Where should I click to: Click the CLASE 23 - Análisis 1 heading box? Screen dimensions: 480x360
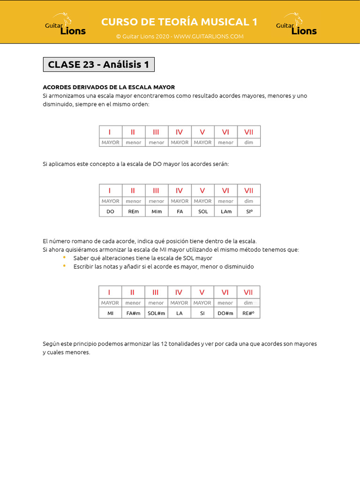(98, 65)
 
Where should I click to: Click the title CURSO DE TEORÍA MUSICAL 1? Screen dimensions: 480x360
(180, 22)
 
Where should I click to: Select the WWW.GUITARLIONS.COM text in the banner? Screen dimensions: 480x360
(209, 37)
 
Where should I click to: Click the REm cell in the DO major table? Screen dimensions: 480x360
(133, 211)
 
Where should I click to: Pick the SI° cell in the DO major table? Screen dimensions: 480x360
(249, 211)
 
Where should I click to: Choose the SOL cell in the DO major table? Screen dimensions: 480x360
(202, 211)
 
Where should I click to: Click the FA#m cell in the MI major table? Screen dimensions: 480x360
(133, 313)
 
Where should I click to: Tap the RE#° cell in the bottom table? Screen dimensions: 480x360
(248, 313)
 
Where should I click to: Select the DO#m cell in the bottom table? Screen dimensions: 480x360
(225, 313)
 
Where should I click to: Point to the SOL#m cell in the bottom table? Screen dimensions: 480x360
(156, 313)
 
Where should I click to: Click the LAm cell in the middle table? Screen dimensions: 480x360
(226, 211)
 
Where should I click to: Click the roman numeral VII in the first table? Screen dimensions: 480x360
(249, 132)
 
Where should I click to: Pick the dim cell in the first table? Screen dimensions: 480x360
(249, 142)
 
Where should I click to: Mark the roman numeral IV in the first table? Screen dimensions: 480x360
(179, 132)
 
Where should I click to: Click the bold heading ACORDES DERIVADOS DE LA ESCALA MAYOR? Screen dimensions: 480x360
(109, 87)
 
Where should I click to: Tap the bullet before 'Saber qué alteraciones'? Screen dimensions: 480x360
(64, 258)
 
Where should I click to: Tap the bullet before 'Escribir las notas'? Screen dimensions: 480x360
(64, 266)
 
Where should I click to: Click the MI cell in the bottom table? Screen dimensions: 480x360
(110, 313)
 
